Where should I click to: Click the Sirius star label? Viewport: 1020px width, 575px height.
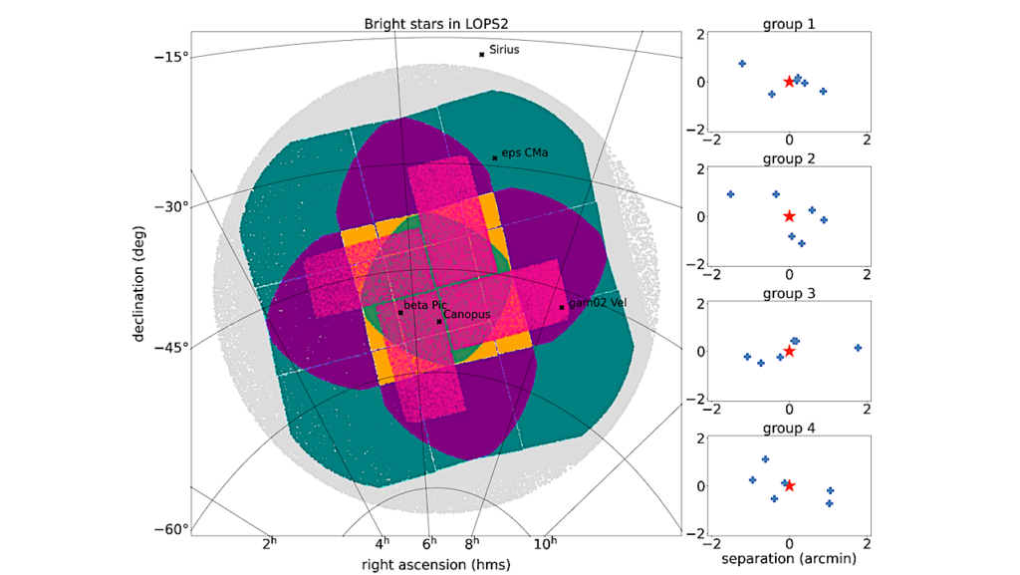coord(504,49)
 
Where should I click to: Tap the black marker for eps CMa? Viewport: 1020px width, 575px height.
coord(495,157)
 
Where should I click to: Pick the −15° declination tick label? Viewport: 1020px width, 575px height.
coord(170,56)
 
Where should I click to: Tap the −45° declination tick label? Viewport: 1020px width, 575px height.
coord(170,347)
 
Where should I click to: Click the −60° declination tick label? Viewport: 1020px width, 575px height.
coord(170,529)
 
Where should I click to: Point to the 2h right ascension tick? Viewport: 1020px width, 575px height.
coord(269,544)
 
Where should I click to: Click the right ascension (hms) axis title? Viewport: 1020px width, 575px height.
coord(435,564)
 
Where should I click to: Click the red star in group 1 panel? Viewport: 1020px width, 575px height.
coord(789,82)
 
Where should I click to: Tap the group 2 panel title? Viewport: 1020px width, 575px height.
coord(789,158)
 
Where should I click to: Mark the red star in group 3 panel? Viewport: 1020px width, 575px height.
coord(789,351)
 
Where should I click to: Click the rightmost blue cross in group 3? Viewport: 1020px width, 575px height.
coord(858,348)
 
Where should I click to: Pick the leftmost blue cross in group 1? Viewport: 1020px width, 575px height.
coord(742,64)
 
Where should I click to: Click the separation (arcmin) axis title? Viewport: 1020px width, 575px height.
coord(789,559)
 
